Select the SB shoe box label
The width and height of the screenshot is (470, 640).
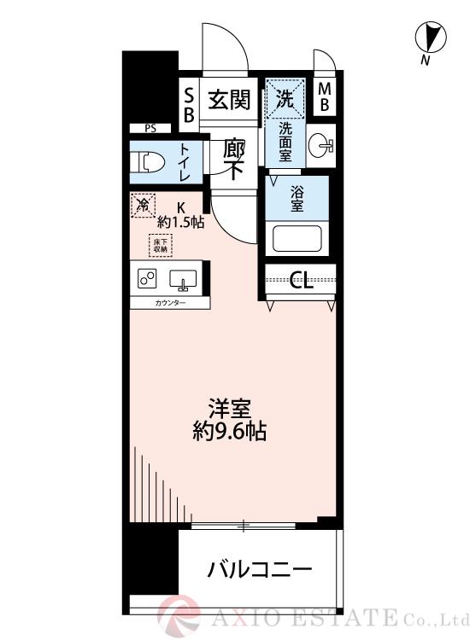(189, 102)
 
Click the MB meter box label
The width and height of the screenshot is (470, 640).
(326, 97)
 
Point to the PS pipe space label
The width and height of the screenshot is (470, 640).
(150, 129)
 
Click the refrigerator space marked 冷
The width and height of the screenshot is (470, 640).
(144, 205)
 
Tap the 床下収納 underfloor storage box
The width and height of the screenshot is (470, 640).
(161, 246)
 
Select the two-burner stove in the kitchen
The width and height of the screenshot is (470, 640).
(146, 279)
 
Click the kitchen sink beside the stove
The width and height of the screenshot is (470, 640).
(184, 280)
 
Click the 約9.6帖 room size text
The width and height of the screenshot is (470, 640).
(229, 432)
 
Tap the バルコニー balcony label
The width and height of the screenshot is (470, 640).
(259, 569)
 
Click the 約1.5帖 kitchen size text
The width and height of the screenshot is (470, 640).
(180, 222)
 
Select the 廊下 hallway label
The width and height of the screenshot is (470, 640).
(234, 158)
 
